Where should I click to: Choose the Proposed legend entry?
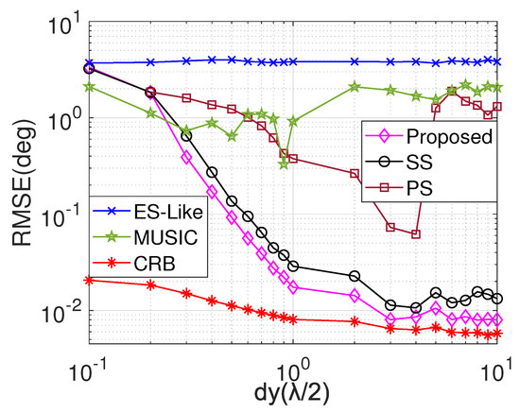(x=444, y=137)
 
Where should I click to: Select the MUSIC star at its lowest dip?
(x=284, y=163)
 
